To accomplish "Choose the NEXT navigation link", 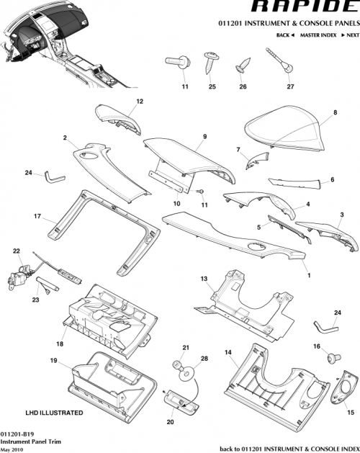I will coord(349,35).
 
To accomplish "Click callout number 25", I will coord(212,87).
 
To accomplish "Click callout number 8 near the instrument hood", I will coord(336,113).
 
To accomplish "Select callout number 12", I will coord(140,102).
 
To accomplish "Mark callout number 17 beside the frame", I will coord(36,215).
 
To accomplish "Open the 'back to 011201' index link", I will coord(288,448).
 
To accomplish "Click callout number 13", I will coord(204,278).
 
